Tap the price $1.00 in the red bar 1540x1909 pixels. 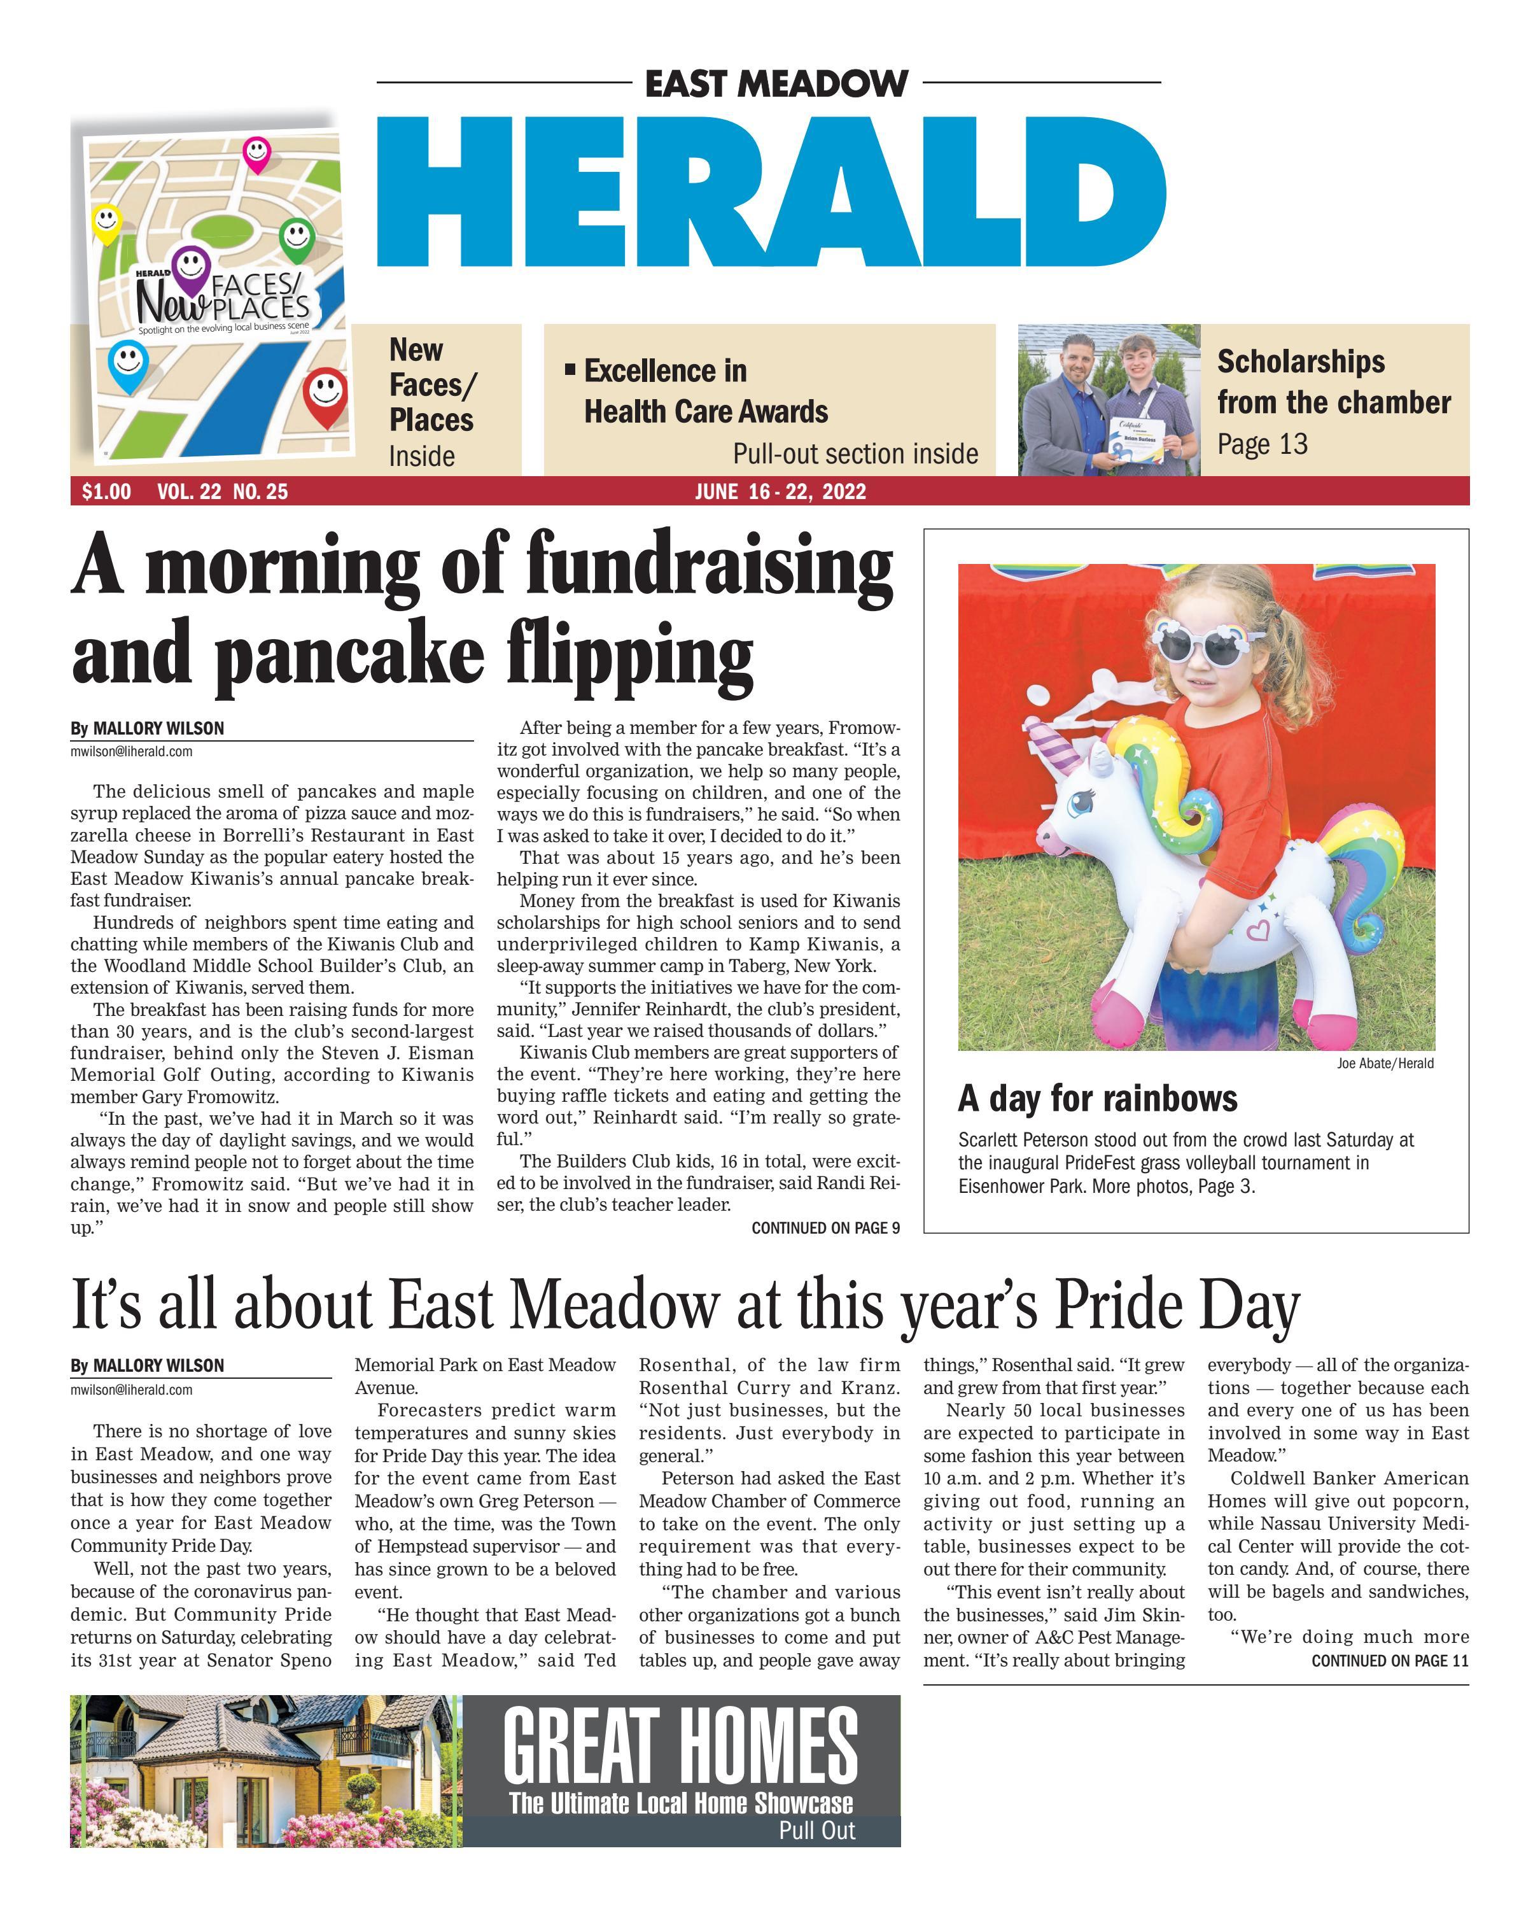pos(106,491)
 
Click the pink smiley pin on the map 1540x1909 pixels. pos(256,153)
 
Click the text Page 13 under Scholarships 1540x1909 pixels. pos(1263,444)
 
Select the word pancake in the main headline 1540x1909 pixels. pos(349,655)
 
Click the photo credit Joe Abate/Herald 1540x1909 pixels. pos(1385,1063)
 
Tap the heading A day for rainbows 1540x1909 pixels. pos(1097,1099)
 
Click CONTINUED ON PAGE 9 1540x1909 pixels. pos(825,1229)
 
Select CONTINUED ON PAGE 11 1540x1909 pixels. pos(1390,1661)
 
